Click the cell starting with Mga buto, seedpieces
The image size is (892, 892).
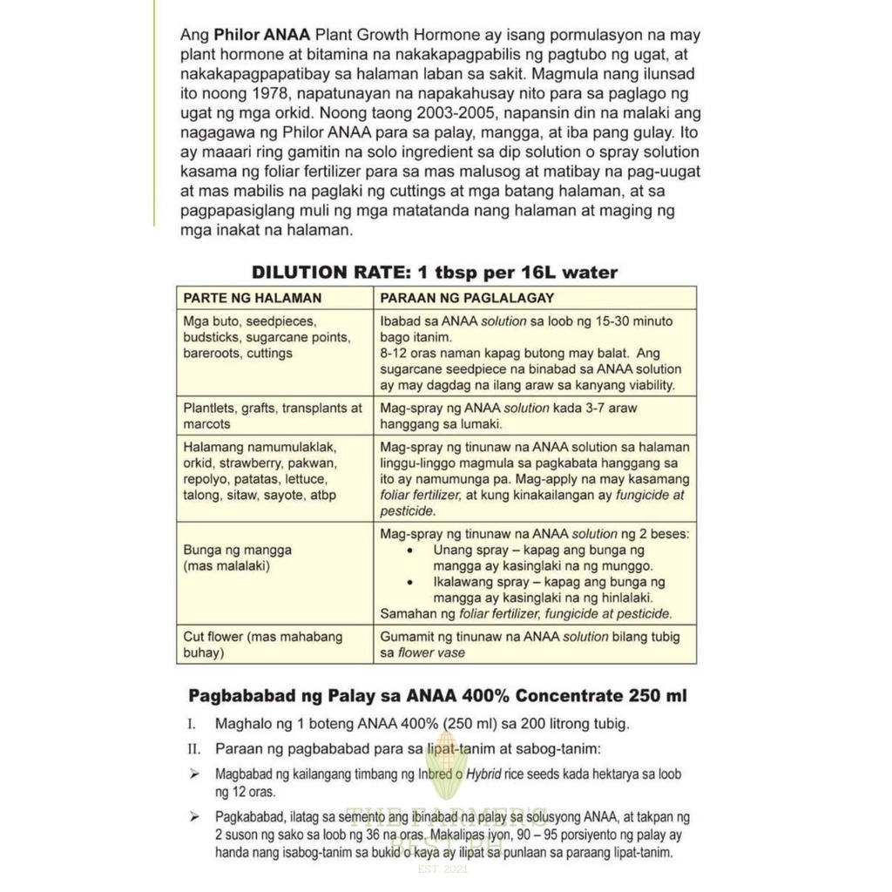tap(266, 337)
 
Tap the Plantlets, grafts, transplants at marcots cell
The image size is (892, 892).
tap(272, 416)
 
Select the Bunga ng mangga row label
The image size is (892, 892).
tap(237, 558)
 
